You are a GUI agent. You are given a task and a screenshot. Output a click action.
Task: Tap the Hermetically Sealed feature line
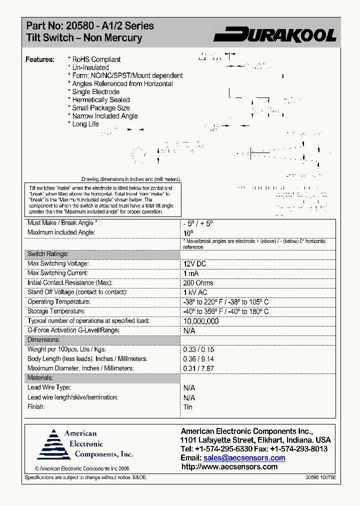(100, 99)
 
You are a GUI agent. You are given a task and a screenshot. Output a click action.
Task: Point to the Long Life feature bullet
(85, 124)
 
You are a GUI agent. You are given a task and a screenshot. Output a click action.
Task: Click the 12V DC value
(194, 263)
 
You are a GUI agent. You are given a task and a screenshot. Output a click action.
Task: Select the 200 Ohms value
(198, 283)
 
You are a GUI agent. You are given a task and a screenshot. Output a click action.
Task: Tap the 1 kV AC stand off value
(195, 292)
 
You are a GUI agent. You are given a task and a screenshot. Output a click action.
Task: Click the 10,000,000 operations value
(201, 321)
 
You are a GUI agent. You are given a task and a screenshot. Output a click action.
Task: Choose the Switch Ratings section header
(47, 254)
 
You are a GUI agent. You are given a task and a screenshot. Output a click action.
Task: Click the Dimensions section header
(43, 340)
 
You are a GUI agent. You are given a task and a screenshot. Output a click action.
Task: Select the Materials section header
(40, 378)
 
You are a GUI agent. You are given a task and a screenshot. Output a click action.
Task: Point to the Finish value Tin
(188, 407)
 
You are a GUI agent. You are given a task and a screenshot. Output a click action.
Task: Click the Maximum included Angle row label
(61, 232)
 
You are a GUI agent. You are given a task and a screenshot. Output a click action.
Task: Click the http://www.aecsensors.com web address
(229, 467)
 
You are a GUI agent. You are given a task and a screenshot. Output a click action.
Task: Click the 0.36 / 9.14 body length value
(198, 359)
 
